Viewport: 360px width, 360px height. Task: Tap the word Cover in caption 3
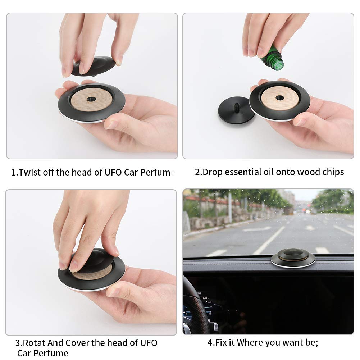[77, 343]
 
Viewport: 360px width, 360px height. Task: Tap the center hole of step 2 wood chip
[280, 97]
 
